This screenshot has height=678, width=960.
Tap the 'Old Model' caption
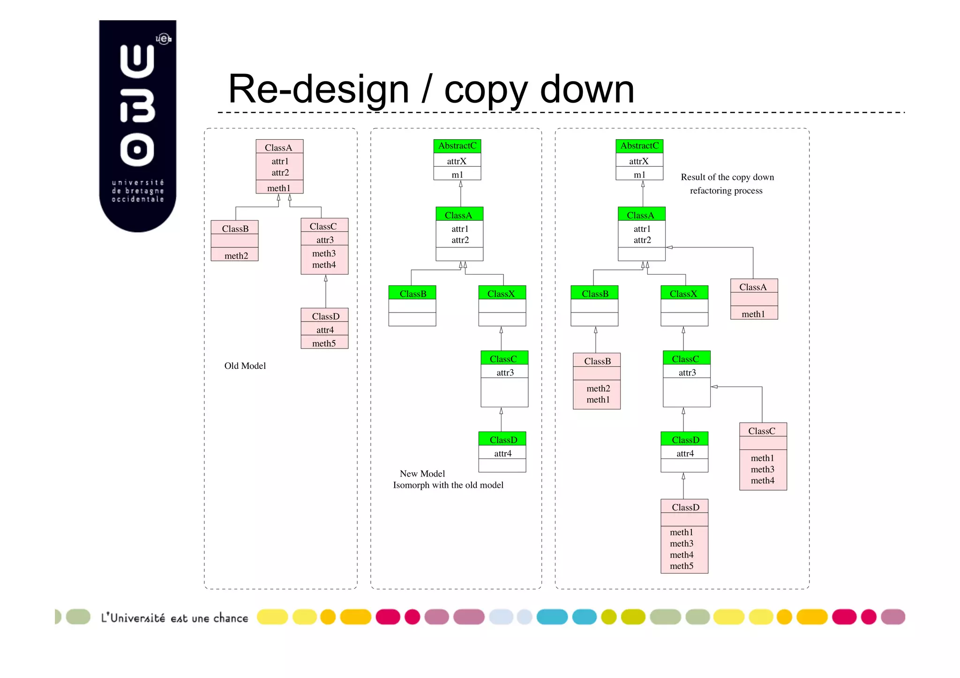[x=245, y=366]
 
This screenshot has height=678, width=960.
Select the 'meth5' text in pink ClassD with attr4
[x=324, y=343]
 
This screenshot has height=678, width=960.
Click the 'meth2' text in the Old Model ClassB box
[x=236, y=256]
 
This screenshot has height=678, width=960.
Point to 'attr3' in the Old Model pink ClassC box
[x=325, y=240]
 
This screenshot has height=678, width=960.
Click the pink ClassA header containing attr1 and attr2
[x=279, y=148]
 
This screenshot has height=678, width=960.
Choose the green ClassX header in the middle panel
[x=502, y=294]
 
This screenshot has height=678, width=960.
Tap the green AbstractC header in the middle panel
[x=457, y=146]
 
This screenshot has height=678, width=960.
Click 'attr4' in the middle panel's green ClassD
[x=502, y=454]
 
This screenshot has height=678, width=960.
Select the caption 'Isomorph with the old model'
[x=448, y=485]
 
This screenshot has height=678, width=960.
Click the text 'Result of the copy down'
[x=727, y=177]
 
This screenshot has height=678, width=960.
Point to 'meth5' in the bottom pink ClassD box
[x=682, y=566]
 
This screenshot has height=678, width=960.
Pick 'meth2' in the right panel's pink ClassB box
[x=598, y=388]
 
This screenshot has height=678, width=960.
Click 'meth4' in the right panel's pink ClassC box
[x=762, y=481]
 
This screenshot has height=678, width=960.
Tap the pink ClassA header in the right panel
[x=753, y=287]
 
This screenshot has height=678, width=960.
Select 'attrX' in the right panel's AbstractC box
[x=639, y=161]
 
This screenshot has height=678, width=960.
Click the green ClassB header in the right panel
[x=595, y=294]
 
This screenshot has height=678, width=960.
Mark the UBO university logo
[x=137, y=125]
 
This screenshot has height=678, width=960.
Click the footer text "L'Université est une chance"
[x=174, y=618]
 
